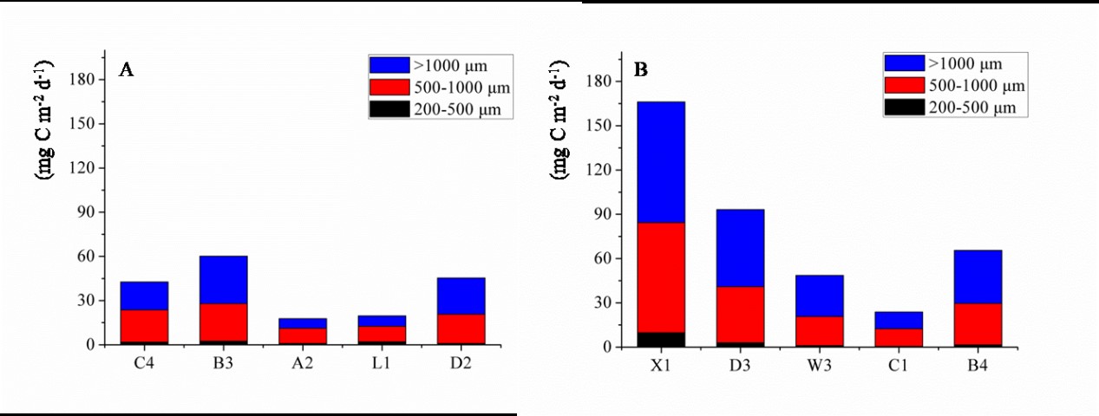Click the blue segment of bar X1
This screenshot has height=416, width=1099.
click(x=661, y=162)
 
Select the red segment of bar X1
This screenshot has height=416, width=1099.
click(x=661, y=277)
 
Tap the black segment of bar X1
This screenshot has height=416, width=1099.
click(x=661, y=340)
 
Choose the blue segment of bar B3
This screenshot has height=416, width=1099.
click(x=224, y=279)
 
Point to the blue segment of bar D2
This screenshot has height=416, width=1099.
click(x=461, y=296)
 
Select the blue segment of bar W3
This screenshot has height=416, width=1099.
click(x=819, y=296)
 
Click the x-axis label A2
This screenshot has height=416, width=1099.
click(x=303, y=362)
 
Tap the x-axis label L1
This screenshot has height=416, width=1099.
click(x=383, y=362)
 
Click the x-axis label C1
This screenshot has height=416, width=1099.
click(x=899, y=365)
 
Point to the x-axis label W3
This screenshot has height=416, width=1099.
click(x=819, y=365)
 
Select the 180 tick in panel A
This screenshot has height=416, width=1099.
click(x=86, y=79)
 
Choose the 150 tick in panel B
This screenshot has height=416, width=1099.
click(x=600, y=126)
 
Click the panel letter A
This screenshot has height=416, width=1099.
click(x=126, y=71)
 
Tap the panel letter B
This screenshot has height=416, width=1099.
click(x=641, y=70)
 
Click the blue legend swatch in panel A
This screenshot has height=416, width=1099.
click(x=389, y=65)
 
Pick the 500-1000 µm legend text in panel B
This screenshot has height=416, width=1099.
click(x=976, y=86)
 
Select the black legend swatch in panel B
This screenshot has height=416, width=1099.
click(x=904, y=107)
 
